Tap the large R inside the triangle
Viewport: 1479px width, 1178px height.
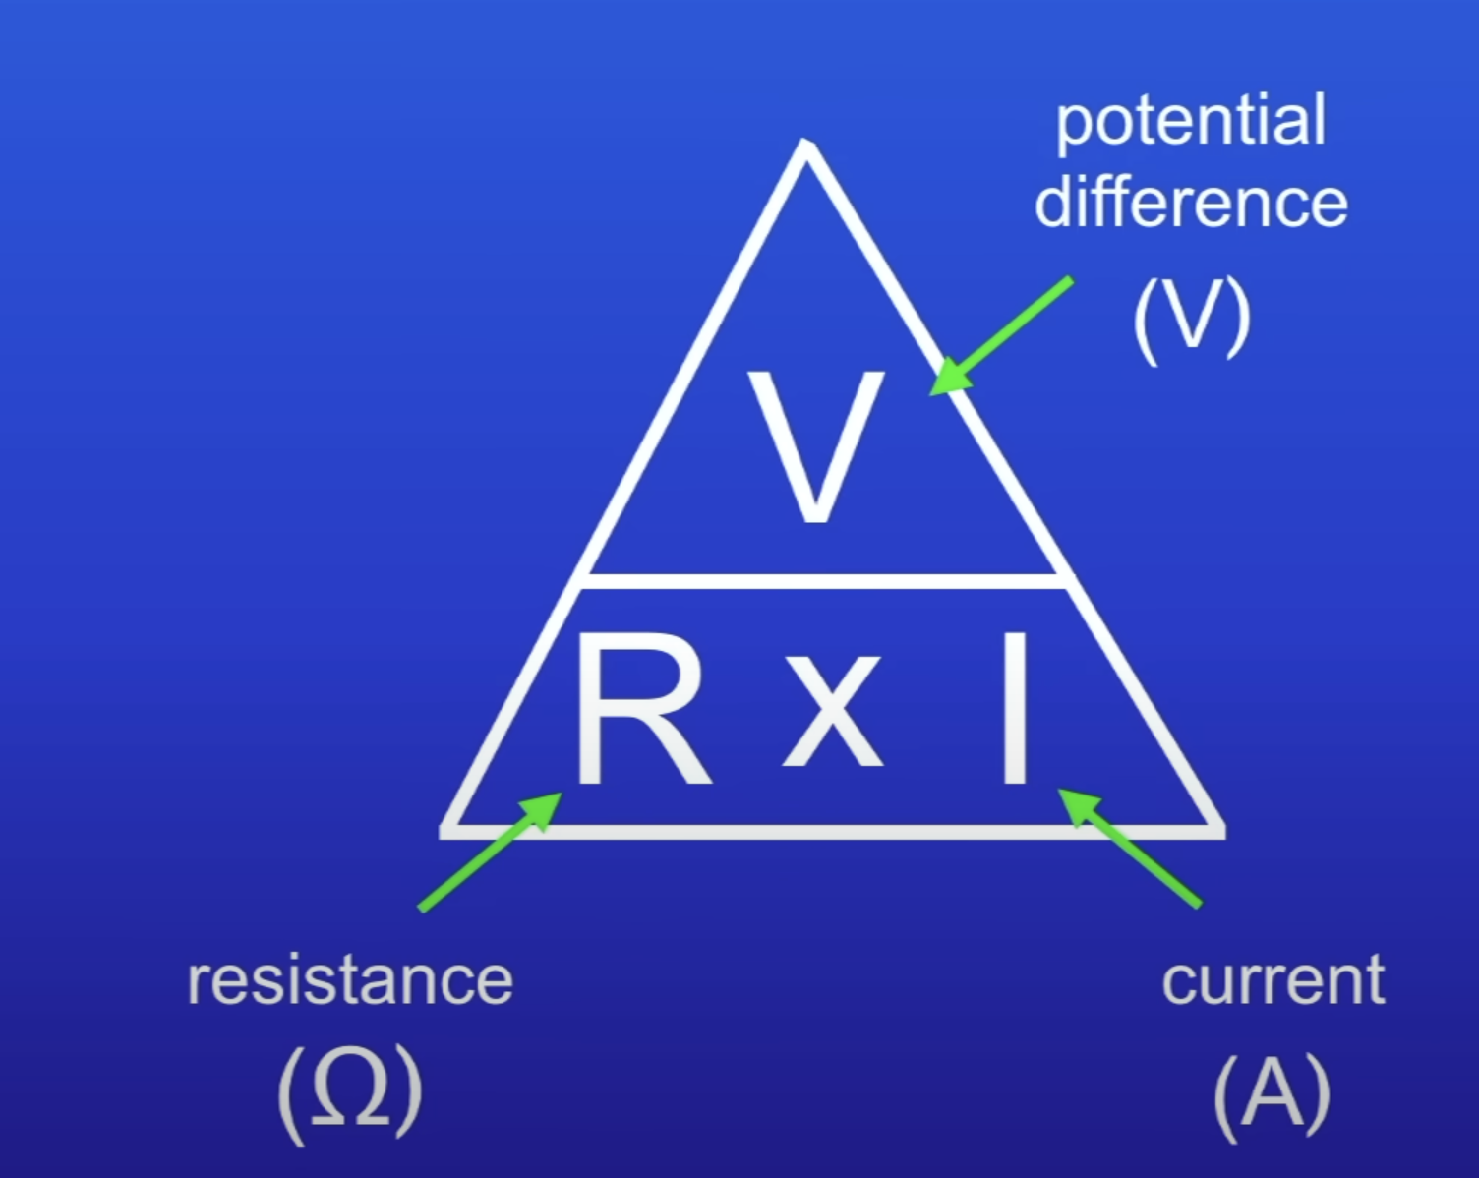639,710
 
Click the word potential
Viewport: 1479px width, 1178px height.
1191,121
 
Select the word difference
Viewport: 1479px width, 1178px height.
1191,203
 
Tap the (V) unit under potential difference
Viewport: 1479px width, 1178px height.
1191,317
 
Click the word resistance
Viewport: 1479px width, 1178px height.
350,980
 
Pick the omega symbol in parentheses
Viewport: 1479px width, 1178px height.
350,1092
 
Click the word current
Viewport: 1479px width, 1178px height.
1272,980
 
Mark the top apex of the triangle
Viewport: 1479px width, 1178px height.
806,147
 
